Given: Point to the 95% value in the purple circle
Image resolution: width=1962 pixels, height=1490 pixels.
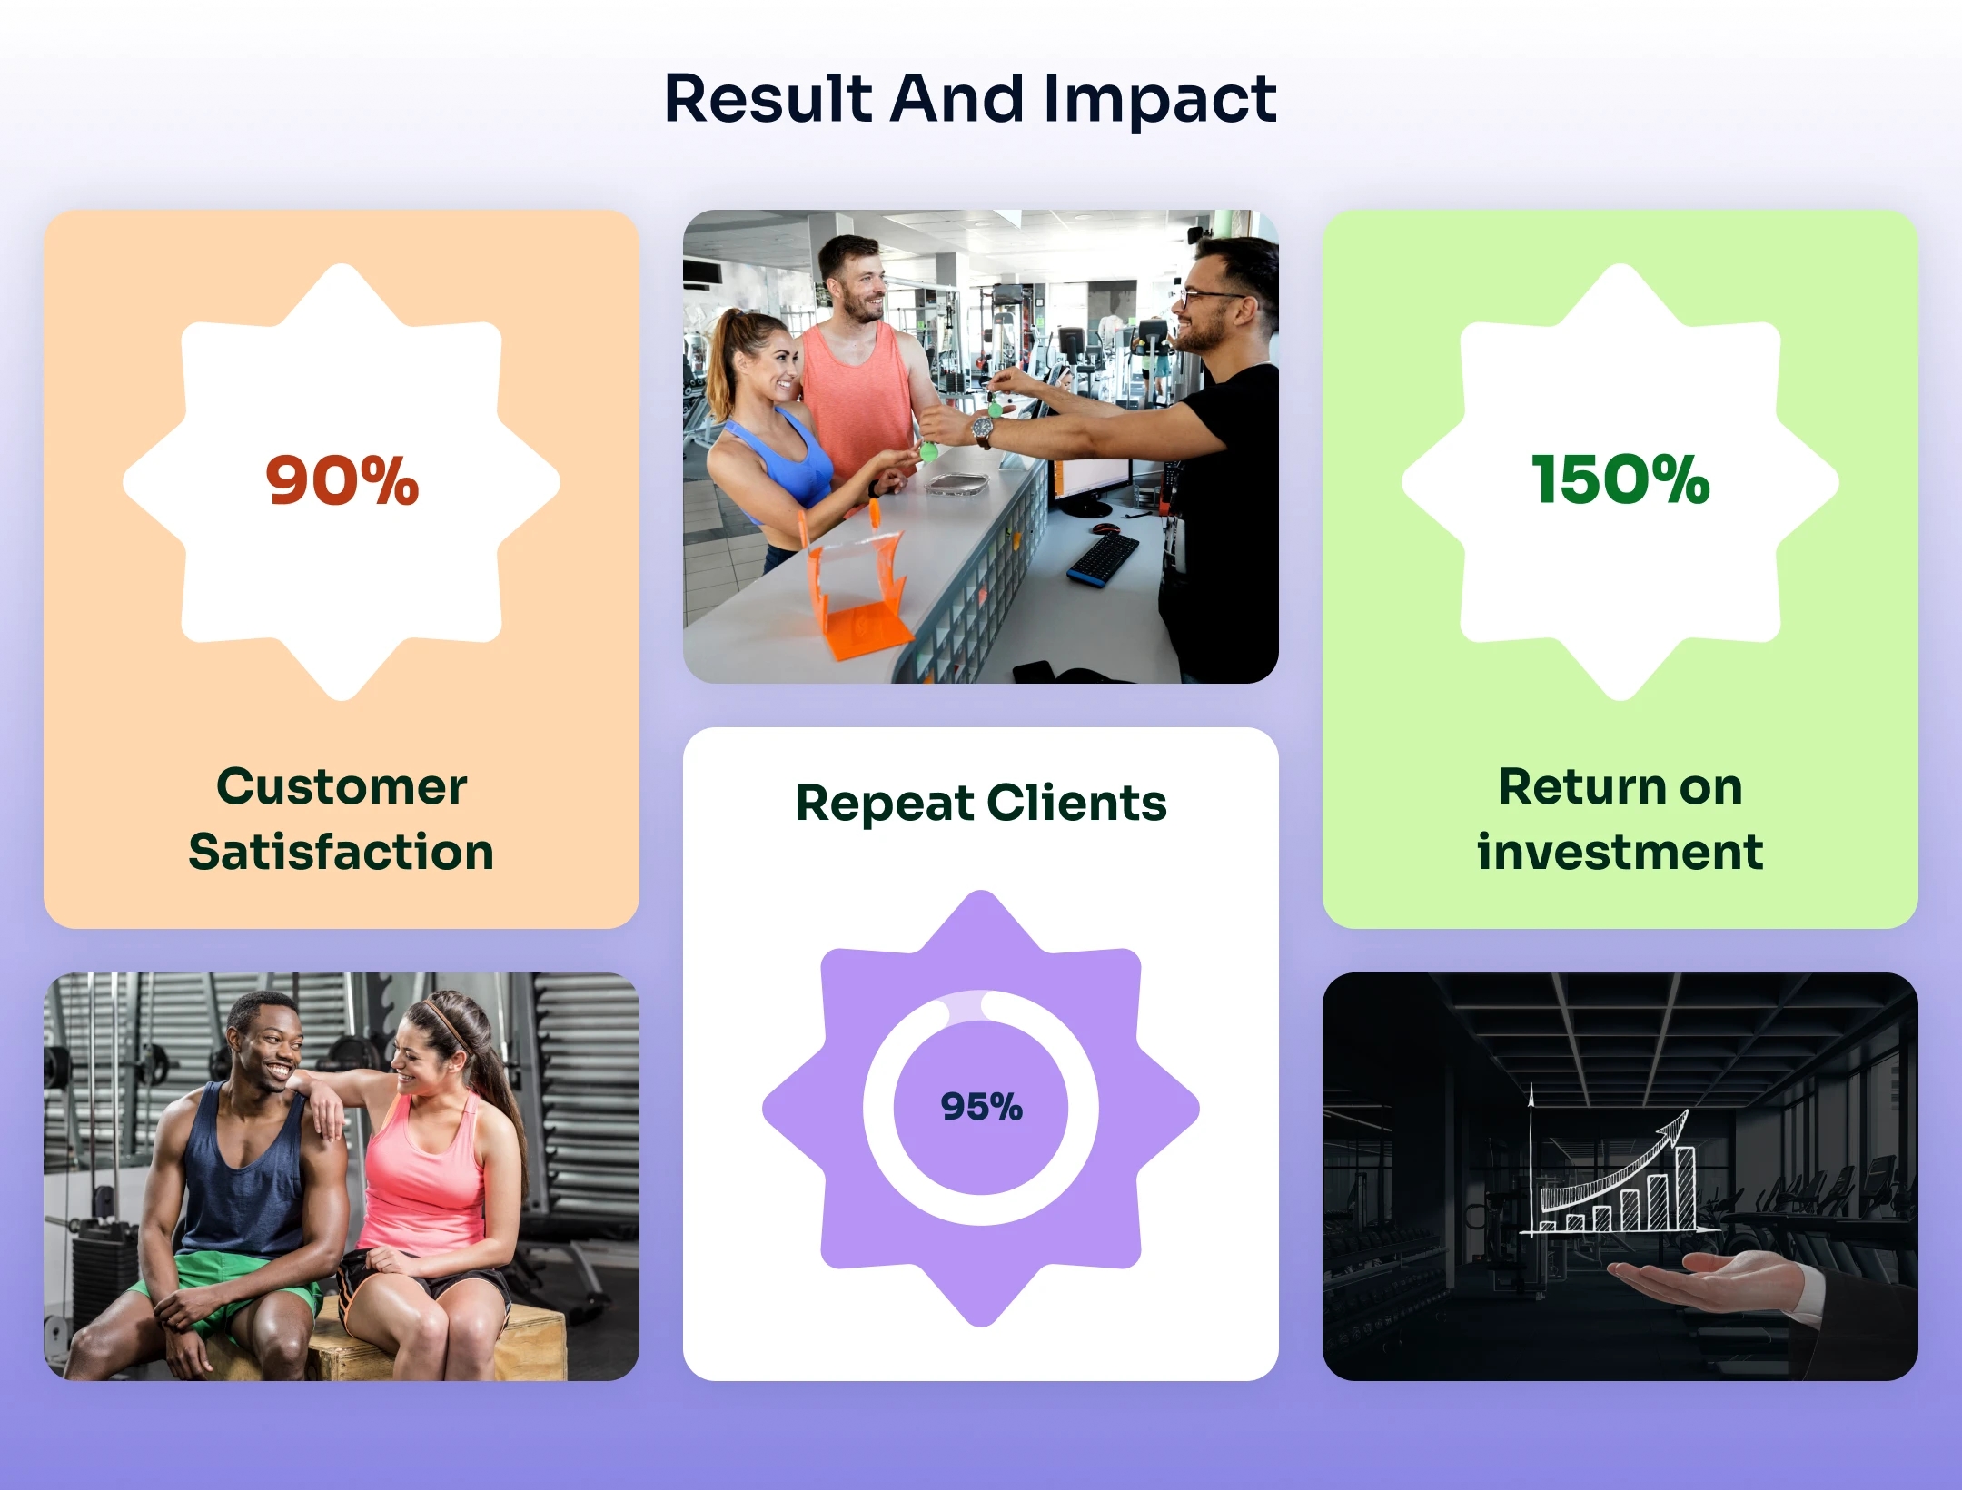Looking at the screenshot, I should [x=981, y=1107].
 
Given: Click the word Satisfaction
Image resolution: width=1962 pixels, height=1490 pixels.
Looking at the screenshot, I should [x=342, y=852].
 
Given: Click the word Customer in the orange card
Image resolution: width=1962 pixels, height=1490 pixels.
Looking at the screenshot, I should [x=342, y=786].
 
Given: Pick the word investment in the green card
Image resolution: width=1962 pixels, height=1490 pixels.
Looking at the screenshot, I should [x=1620, y=852].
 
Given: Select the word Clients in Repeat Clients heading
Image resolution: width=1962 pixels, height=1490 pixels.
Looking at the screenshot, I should [x=1075, y=803].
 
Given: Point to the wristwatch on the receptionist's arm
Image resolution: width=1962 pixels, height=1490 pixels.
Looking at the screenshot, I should [x=982, y=429].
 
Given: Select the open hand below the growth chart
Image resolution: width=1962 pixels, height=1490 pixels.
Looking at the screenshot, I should [x=1708, y=1280].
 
